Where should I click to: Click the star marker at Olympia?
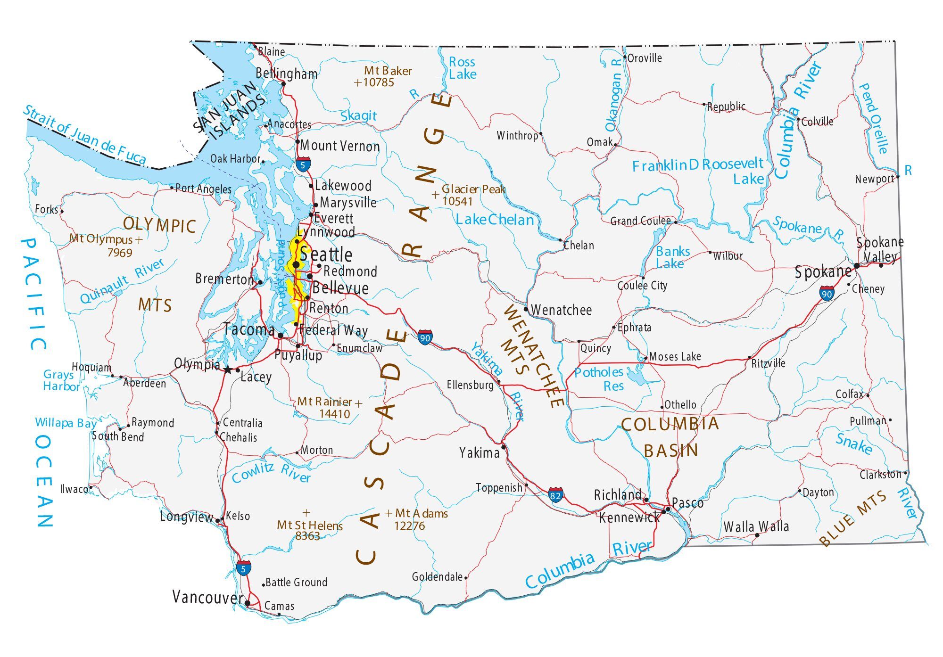click(x=228, y=370)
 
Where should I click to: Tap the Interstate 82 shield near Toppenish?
click(x=555, y=495)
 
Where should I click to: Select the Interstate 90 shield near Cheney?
click(x=827, y=294)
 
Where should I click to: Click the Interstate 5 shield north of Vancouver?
click(x=243, y=568)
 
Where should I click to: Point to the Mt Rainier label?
click(x=324, y=402)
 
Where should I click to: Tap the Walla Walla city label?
click(x=756, y=526)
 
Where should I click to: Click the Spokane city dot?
click(x=856, y=266)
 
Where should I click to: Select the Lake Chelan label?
click(x=495, y=220)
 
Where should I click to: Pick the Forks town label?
click(x=46, y=209)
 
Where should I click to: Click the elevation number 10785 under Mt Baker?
click(x=378, y=82)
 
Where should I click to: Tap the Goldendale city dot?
click(x=466, y=577)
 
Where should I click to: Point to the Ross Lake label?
click(x=462, y=68)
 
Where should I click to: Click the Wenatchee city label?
click(x=561, y=310)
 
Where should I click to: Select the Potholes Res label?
click(x=599, y=379)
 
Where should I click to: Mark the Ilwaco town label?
click(x=74, y=489)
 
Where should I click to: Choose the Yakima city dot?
click(x=504, y=447)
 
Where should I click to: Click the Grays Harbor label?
click(x=61, y=380)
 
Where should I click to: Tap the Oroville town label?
click(x=645, y=58)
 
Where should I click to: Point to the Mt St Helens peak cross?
click(x=306, y=512)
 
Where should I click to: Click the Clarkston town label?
click(x=880, y=474)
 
